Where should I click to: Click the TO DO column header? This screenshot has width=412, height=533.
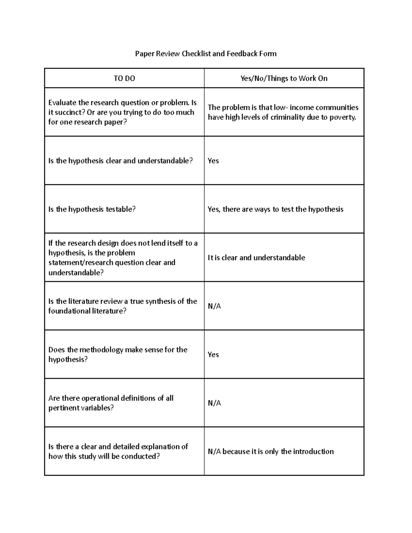tap(124, 78)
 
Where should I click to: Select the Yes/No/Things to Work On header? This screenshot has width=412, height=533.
tap(284, 78)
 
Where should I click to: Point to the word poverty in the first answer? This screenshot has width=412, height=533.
tap(343, 117)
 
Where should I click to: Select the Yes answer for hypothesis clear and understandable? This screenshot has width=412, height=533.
tap(213, 161)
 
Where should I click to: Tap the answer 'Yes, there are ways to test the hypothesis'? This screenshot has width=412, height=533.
tap(275, 209)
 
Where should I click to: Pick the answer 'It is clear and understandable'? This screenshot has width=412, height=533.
tap(256, 258)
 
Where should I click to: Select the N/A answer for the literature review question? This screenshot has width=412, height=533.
tap(214, 306)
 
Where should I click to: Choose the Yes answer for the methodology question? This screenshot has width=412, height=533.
tap(213, 355)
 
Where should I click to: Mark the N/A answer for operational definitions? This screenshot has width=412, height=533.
tap(214, 403)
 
